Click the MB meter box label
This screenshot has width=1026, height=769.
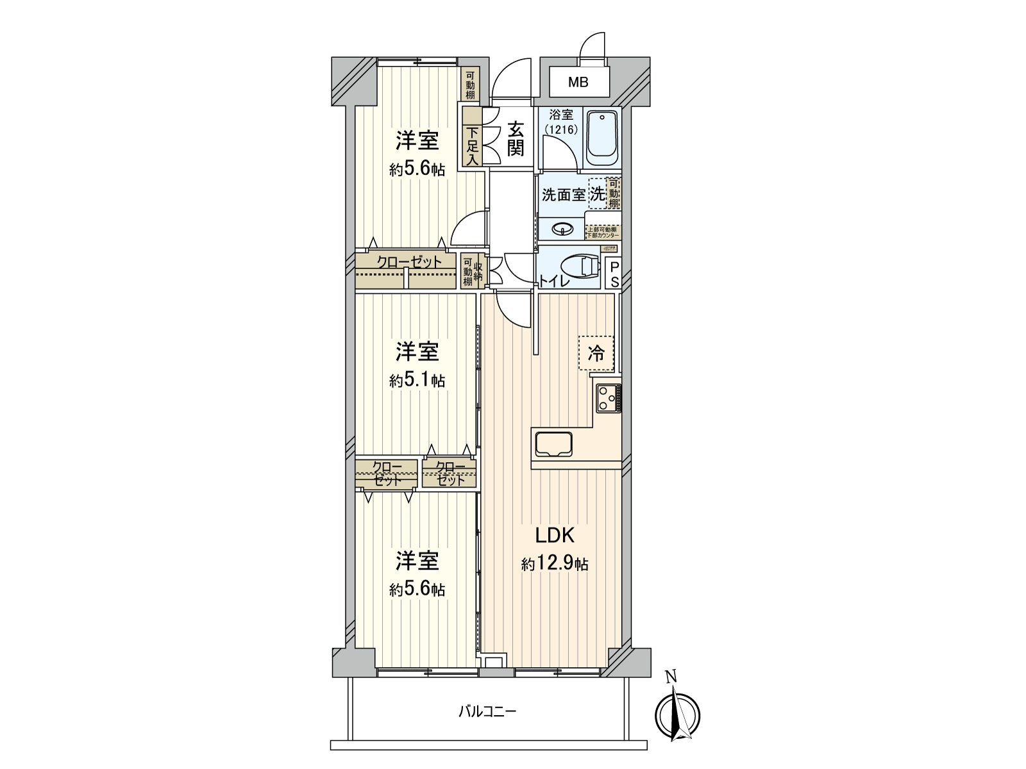coord(579,83)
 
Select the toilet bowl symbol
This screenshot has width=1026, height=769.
coord(578,267)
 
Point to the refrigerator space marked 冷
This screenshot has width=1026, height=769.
coord(596,353)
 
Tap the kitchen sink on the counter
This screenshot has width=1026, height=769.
coord(553,443)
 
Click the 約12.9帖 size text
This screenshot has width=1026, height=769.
coord(554,564)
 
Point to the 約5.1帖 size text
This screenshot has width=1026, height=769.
coord(417,380)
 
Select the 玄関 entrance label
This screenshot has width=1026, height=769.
coord(516,139)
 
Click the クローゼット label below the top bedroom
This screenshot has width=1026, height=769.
coord(408,262)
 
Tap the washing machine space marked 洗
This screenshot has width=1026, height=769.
coord(597,194)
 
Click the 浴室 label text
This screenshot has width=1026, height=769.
coord(562,116)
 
